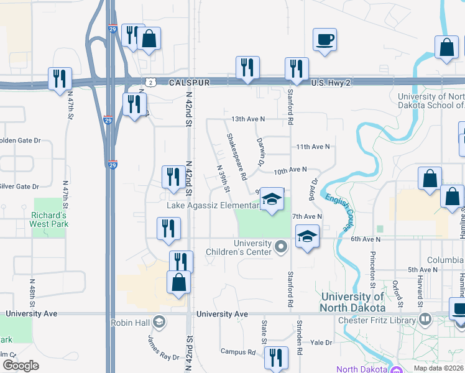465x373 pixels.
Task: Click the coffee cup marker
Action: click(x=325, y=40)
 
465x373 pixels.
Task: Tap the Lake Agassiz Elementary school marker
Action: click(x=271, y=200)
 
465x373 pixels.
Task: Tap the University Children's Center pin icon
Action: click(x=281, y=247)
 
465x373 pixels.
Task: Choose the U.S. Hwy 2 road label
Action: click(x=332, y=82)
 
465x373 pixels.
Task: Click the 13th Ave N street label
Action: click(x=247, y=118)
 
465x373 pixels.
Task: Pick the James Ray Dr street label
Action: click(x=163, y=348)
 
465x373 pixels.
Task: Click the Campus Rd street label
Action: click(x=238, y=351)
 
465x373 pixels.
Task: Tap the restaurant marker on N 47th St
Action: click(x=60, y=78)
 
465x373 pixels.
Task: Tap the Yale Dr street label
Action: click(x=322, y=342)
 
